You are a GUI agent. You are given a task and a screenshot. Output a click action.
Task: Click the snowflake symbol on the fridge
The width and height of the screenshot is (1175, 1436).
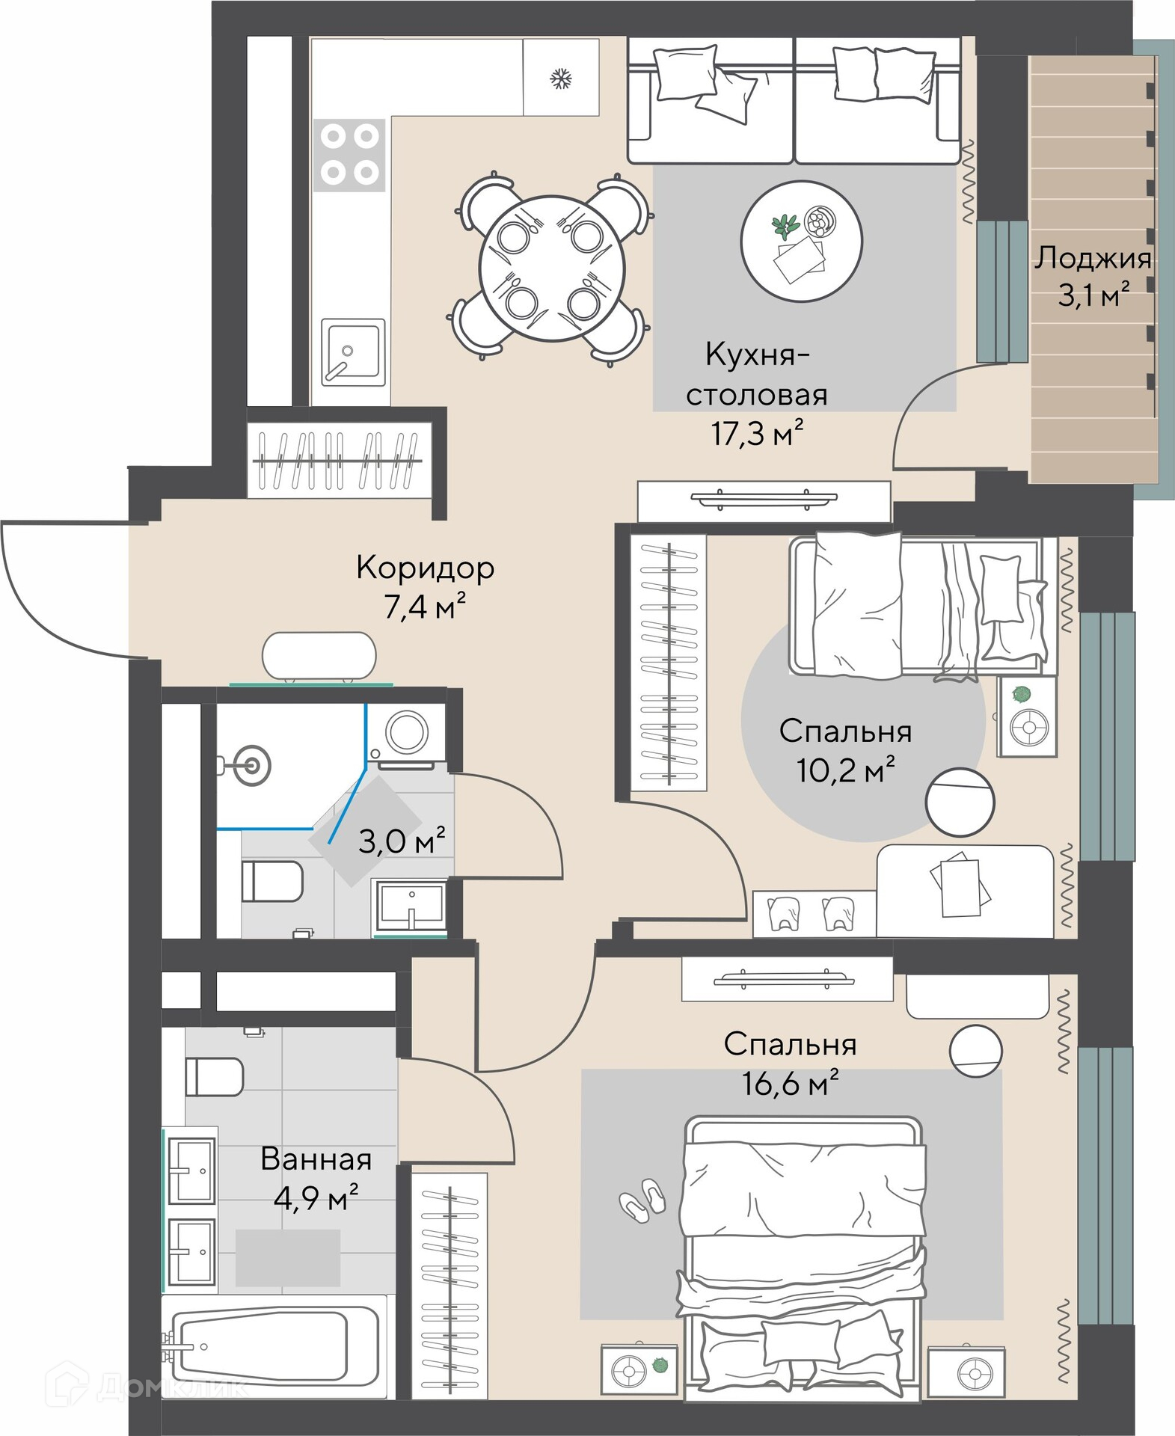561,78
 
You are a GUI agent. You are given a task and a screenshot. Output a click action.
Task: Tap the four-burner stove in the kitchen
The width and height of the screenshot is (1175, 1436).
349,155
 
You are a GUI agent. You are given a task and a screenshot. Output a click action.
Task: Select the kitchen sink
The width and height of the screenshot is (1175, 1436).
353,352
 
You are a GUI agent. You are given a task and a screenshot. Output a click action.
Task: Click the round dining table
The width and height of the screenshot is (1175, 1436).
552,269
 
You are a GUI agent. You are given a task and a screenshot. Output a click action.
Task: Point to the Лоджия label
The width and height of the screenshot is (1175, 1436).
1093,259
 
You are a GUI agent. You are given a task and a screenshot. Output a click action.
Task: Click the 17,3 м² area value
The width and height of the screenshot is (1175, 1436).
757,433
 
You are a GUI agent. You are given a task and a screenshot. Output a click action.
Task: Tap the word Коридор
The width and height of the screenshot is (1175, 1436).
425,568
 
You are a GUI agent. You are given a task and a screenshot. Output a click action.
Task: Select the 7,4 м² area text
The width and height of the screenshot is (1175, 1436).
425,606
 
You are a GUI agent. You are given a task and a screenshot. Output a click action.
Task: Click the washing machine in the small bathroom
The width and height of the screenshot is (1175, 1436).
406,734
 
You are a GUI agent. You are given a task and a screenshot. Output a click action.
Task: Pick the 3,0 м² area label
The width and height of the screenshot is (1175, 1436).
402,841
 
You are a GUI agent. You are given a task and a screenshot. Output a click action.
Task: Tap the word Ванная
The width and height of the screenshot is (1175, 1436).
316,1159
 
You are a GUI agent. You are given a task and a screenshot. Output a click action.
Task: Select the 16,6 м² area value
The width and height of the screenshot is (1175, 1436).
790,1082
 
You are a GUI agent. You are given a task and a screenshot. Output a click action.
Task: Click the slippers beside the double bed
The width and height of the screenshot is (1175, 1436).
642,1200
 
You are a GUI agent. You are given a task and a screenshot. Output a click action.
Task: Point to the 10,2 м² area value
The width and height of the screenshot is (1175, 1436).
845,770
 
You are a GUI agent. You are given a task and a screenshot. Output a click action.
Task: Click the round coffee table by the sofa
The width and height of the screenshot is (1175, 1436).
801,242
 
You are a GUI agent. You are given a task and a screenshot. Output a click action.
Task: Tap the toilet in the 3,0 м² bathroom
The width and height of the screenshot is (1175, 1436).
272,881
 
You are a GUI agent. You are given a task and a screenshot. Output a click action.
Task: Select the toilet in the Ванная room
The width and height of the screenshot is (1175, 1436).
214,1076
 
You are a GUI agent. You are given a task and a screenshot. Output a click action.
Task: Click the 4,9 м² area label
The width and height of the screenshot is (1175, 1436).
316,1198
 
